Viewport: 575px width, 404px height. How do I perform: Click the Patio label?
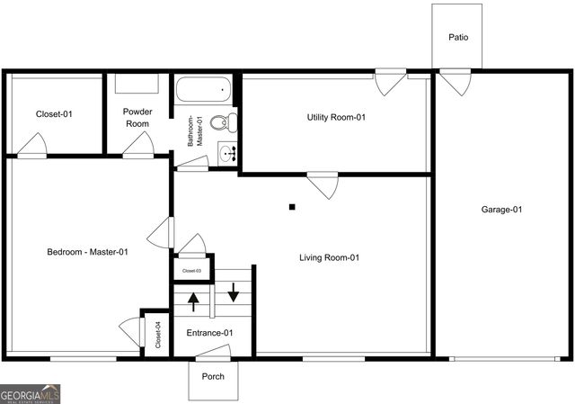tap(458, 38)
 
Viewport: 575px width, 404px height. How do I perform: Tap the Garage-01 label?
tap(501, 210)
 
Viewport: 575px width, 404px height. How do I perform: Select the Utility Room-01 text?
tap(336, 117)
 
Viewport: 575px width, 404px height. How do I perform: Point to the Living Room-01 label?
tap(329, 258)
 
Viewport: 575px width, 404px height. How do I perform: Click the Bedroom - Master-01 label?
tap(87, 252)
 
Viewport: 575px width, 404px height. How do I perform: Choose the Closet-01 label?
tap(54, 114)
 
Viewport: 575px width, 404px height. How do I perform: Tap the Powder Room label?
tap(137, 118)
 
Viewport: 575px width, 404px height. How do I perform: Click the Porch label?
tap(213, 376)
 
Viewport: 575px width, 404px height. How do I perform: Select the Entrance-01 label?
tap(209, 333)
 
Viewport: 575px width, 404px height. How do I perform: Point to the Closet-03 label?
tap(191, 270)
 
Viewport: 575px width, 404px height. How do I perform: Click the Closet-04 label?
tap(157, 335)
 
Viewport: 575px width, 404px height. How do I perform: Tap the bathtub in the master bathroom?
tap(203, 90)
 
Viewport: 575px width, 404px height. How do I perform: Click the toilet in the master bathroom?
tap(230, 121)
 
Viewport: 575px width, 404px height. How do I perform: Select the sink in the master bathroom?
tap(227, 154)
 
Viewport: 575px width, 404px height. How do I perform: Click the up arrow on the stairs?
tap(192, 300)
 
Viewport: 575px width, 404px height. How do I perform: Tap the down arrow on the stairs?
tap(234, 292)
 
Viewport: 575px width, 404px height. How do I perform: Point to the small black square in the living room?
tap(292, 207)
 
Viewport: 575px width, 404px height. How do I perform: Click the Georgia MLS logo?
tap(31, 394)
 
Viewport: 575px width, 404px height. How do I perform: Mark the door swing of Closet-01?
tap(33, 144)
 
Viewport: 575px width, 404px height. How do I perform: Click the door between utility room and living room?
tap(323, 184)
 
